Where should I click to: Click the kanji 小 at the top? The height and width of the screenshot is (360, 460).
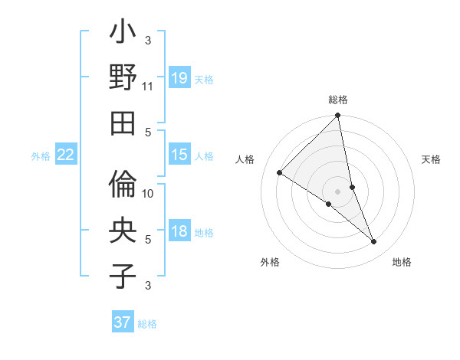pos(123,35)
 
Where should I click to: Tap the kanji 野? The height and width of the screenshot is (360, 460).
pos(123,78)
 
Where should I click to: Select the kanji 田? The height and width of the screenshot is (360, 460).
pos(123,122)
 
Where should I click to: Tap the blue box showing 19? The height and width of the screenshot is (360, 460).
pos(179,77)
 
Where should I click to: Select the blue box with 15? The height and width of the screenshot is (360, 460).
pos(179,155)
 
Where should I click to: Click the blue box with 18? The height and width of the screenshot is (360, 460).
pos(179,231)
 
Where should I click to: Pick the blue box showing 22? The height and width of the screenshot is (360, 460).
pos(65,155)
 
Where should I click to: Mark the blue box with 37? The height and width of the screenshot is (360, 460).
pos(123,322)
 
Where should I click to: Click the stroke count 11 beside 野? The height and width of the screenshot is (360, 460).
pos(148,87)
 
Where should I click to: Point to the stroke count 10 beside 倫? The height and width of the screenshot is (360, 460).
pos(148,194)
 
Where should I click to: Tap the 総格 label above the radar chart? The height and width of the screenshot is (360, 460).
pos(338,100)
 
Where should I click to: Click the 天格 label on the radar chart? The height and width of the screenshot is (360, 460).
pos(431,159)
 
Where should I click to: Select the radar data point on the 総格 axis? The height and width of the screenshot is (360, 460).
pos(338,116)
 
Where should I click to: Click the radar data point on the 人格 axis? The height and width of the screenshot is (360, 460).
pos(279,173)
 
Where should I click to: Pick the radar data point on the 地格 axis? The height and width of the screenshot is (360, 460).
pos(374,242)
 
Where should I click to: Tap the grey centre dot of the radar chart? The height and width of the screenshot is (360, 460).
pos(338,191)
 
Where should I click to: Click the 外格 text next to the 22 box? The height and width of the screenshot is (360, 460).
pos(40,155)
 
